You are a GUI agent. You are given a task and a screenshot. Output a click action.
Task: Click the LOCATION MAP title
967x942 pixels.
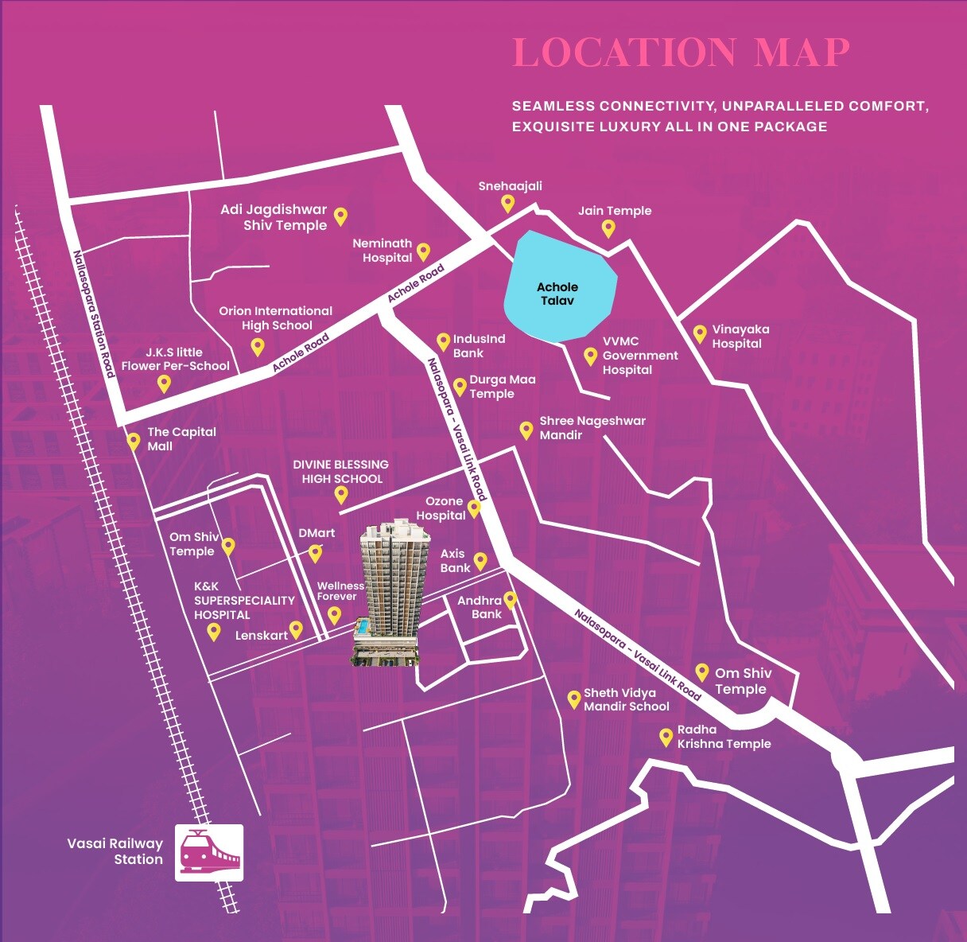[x=682, y=53]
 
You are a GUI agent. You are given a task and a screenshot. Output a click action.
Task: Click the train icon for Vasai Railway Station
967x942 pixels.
[x=209, y=853]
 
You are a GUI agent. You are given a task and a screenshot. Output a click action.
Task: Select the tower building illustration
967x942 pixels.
[x=388, y=593]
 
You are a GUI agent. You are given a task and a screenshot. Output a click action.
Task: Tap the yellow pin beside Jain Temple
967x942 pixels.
[x=608, y=228]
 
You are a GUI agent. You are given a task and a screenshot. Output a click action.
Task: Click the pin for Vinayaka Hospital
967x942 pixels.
[x=700, y=333]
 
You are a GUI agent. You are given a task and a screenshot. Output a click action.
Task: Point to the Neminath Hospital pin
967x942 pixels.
[x=423, y=251]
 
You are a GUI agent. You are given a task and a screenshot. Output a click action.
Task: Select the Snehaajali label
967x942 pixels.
[x=510, y=186]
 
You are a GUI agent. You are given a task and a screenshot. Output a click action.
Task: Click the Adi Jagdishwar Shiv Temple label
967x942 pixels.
[x=274, y=217]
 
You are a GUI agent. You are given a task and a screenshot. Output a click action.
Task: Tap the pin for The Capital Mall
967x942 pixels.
[x=134, y=441]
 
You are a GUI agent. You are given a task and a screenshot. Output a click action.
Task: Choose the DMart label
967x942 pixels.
[x=317, y=533]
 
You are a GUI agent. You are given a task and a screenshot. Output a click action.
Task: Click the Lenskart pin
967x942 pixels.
[x=296, y=629]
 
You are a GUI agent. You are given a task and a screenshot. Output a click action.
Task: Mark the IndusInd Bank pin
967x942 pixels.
[x=443, y=342]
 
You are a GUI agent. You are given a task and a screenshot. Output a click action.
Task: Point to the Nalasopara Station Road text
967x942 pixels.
[x=94, y=314]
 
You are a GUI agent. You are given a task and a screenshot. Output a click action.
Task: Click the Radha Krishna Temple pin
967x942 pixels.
[x=666, y=737]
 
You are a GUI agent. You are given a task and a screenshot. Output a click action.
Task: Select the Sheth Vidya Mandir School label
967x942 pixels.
[x=626, y=699]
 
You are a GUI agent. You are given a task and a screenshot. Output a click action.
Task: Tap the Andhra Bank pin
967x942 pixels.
[x=510, y=600]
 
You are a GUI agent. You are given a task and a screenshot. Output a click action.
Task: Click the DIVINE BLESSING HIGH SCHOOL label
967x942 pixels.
[x=341, y=471]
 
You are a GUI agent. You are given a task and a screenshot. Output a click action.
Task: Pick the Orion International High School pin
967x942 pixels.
[x=257, y=346]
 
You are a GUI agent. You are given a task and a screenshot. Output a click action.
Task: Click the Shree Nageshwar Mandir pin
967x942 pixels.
[x=526, y=430]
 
